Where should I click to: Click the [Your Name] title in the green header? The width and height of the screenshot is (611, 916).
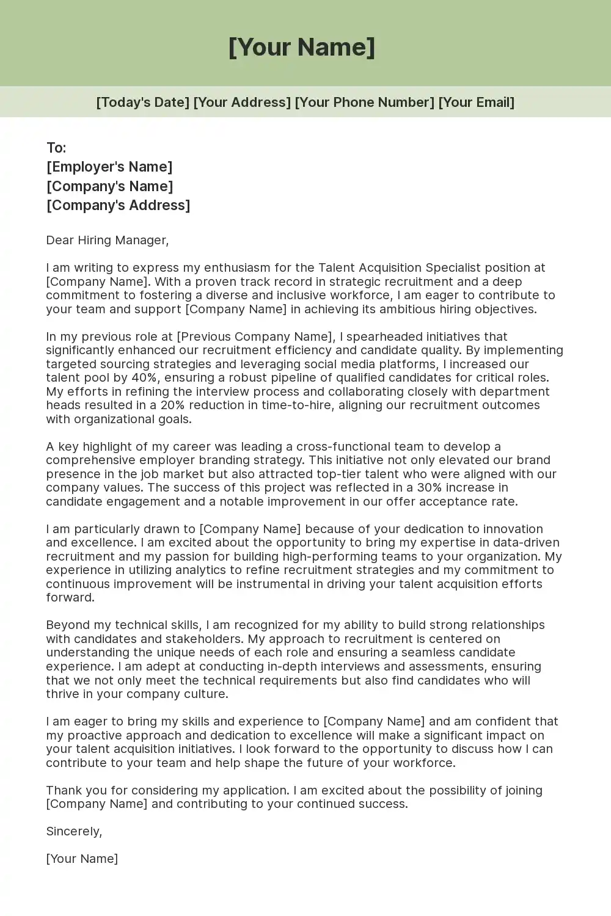pos(302,47)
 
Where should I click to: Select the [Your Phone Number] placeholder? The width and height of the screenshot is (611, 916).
pos(364,102)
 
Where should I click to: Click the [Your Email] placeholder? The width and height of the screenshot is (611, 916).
pos(476,102)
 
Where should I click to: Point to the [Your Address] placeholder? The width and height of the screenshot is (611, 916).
pos(242,102)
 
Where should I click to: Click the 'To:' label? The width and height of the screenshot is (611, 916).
pos(56,148)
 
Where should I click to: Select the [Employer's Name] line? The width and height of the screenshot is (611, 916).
pos(109,167)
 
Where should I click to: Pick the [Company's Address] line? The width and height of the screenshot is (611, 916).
pos(118,205)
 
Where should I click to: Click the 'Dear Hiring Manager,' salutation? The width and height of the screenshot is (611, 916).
pos(107,240)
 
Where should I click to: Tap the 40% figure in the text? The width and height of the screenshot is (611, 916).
pos(145,377)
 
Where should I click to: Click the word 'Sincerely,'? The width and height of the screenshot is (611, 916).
pos(74,831)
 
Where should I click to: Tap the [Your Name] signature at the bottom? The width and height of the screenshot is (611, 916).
pos(82,859)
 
